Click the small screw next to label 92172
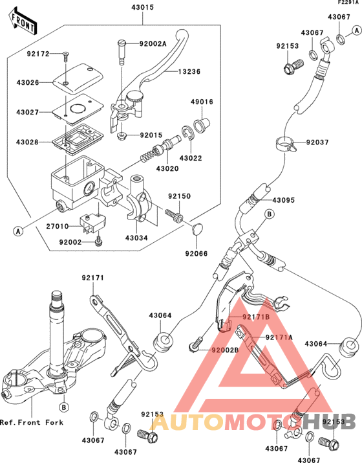pyautogui.click(x=66, y=56)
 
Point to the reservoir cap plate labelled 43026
pyautogui.click(x=72, y=78)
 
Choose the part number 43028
pyautogui.click(x=27, y=141)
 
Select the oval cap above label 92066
pyautogui.click(x=198, y=227)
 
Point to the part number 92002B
pyautogui.click(x=224, y=350)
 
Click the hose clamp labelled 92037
pyautogui.click(x=283, y=144)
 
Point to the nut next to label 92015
pyautogui.click(x=121, y=136)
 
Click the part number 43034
pyautogui.click(x=136, y=238)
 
